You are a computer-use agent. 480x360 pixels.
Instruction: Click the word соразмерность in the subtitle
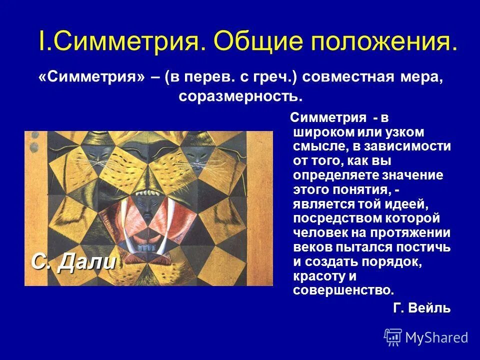point(240,95)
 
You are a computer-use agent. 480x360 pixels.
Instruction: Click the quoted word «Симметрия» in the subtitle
point(92,78)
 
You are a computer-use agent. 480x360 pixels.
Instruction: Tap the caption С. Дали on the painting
point(73,261)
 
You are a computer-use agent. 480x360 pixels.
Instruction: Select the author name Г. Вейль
point(421,308)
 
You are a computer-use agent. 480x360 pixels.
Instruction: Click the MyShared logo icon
point(393,337)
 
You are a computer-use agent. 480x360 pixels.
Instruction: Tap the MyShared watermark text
point(436,337)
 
